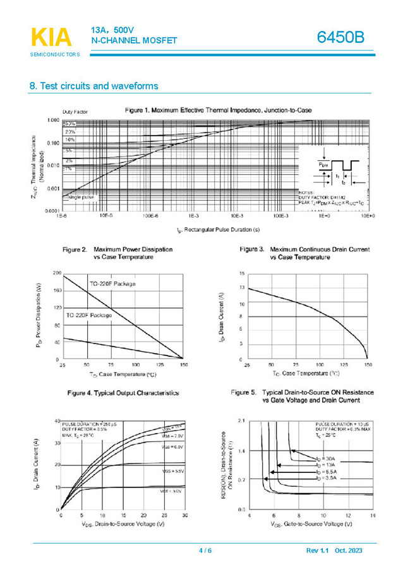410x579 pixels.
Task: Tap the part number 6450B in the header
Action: [341, 38]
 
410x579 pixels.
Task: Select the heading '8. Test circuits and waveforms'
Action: [93, 86]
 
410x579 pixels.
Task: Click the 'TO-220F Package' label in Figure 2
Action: [112, 284]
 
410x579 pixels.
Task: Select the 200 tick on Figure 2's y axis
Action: [57, 274]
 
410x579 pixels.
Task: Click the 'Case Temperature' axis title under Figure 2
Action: [123, 374]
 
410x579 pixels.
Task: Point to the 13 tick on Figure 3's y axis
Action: [241, 288]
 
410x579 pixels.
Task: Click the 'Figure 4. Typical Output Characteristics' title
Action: [123, 393]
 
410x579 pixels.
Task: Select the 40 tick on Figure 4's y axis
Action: [57, 421]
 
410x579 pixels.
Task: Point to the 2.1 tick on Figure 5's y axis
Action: [241, 421]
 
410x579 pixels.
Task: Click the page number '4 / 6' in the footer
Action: [205, 551]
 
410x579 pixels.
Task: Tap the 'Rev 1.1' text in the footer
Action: [318, 551]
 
